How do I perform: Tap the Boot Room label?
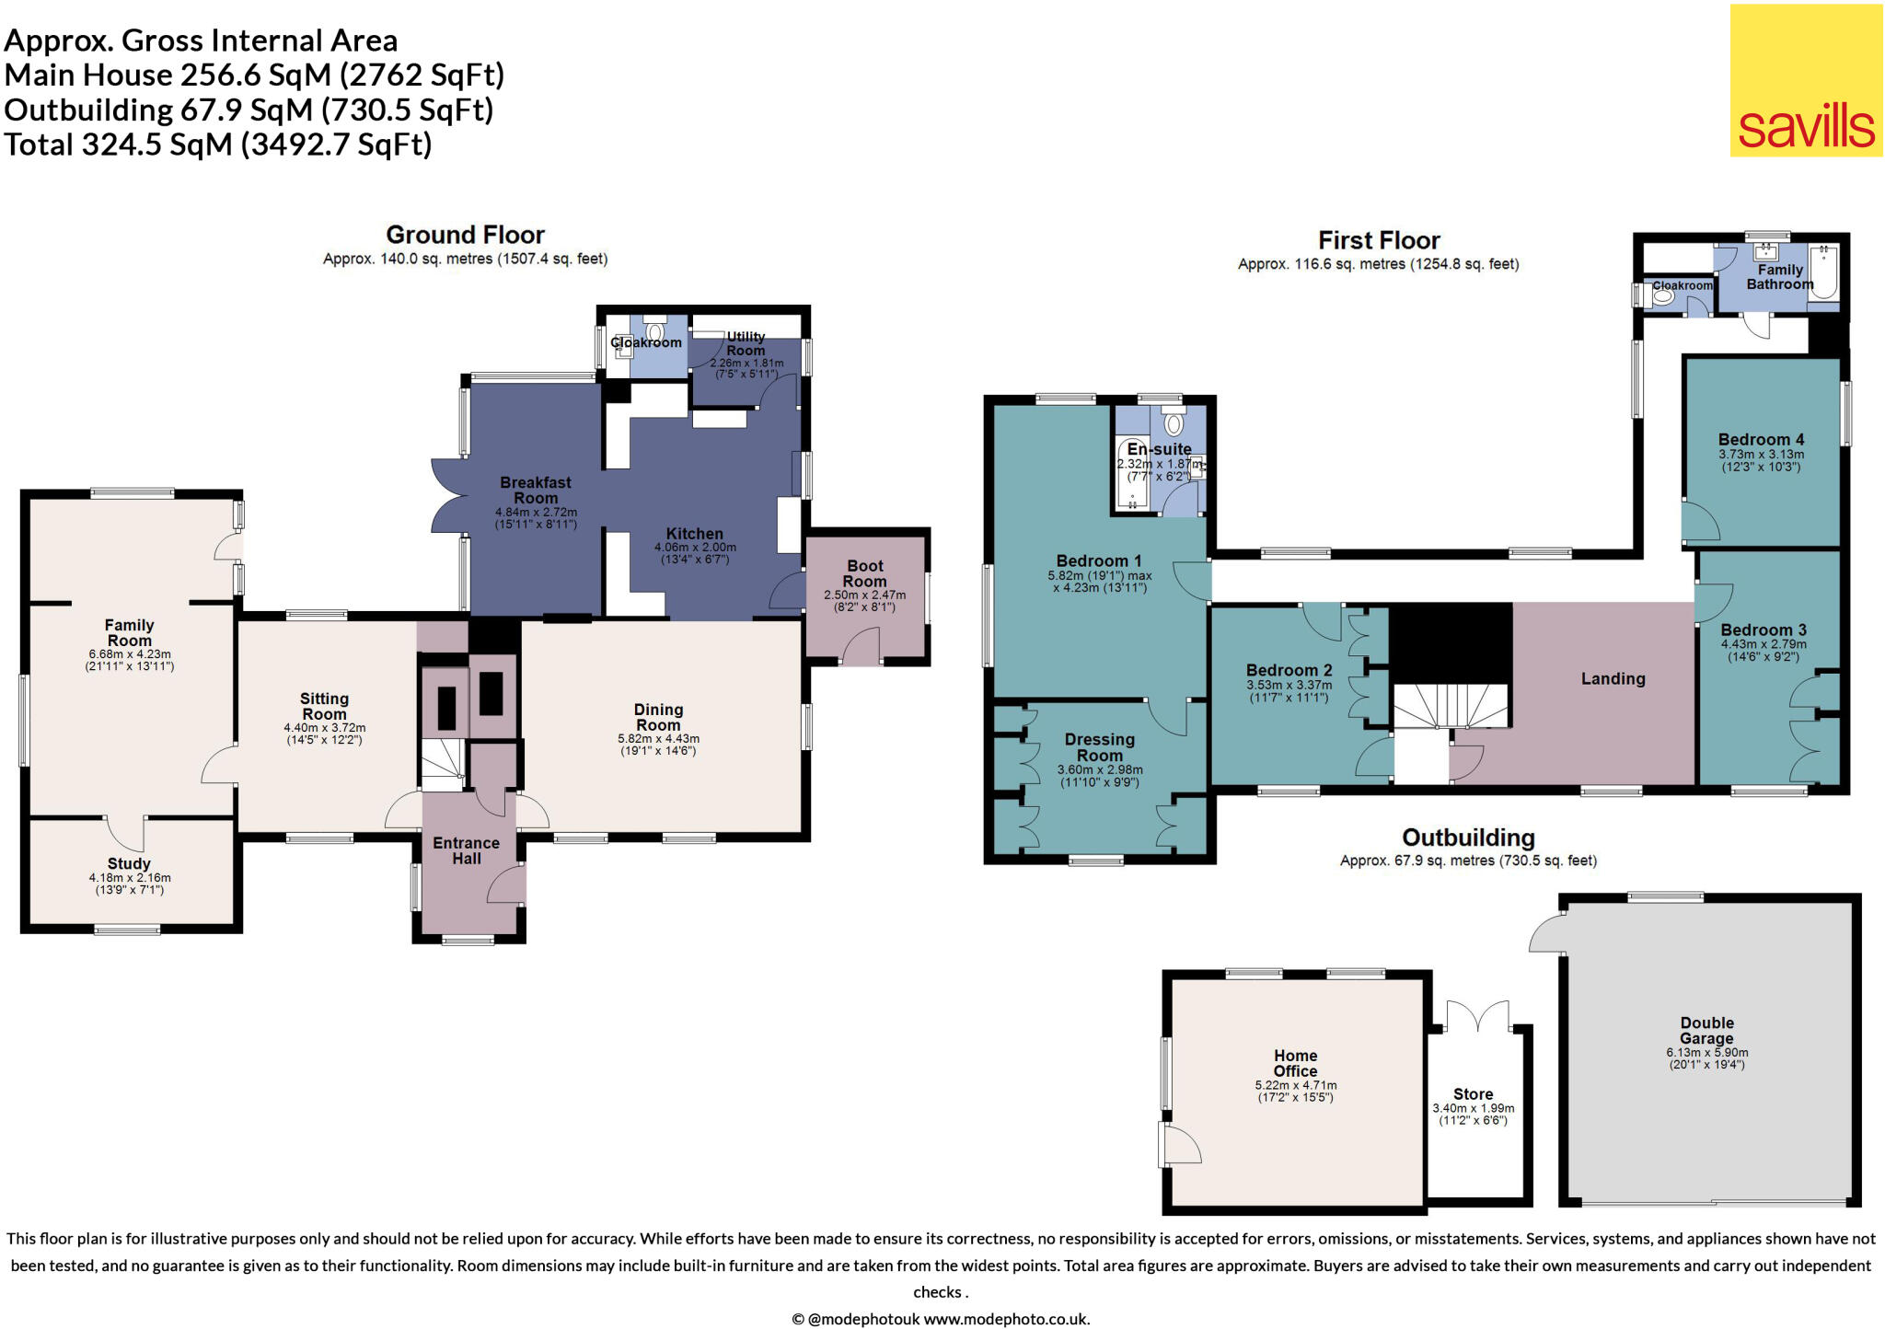click(864, 573)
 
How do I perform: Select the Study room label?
click(129, 863)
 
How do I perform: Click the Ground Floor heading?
click(465, 235)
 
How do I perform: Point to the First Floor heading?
click(1378, 240)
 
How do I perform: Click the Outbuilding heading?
click(1468, 838)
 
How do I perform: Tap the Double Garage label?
click(1706, 1030)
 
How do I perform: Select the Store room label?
click(1473, 1094)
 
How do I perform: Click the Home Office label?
click(1295, 1063)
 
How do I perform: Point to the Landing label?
click(1613, 678)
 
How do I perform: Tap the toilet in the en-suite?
click(1174, 424)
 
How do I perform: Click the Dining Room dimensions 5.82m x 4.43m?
click(658, 738)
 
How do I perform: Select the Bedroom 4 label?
click(1761, 439)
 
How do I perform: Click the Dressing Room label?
click(1099, 746)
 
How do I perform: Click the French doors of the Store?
click(1477, 1016)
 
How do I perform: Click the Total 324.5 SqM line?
click(218, 144)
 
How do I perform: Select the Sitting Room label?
click(324, 706)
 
